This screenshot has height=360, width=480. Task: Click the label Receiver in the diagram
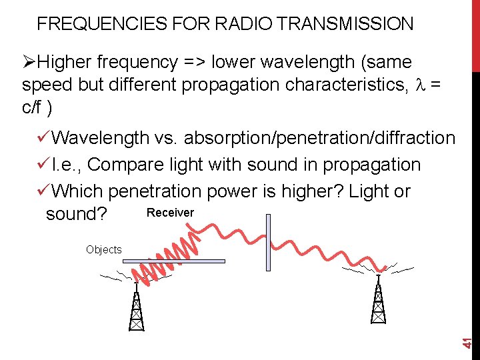[170, 213]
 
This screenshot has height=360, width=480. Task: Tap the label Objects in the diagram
[103, 249]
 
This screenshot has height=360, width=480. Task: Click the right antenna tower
[378, 300]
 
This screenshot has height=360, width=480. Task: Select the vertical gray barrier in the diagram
[268, 242]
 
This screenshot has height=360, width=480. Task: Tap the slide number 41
[469, 342]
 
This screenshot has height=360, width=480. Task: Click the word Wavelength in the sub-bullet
[100, 138]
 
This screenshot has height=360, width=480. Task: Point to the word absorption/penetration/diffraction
[319, 138]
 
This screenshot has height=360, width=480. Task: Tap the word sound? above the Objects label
[76, 215]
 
